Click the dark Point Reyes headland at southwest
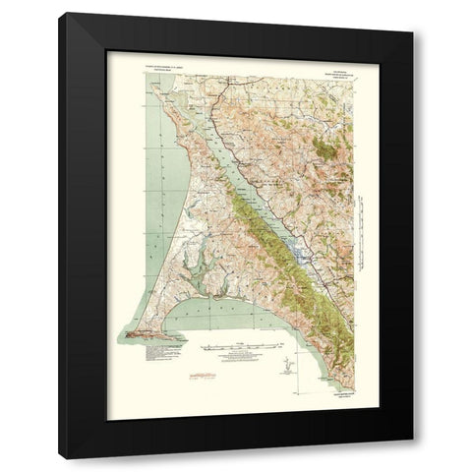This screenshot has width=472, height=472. point(147,332)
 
